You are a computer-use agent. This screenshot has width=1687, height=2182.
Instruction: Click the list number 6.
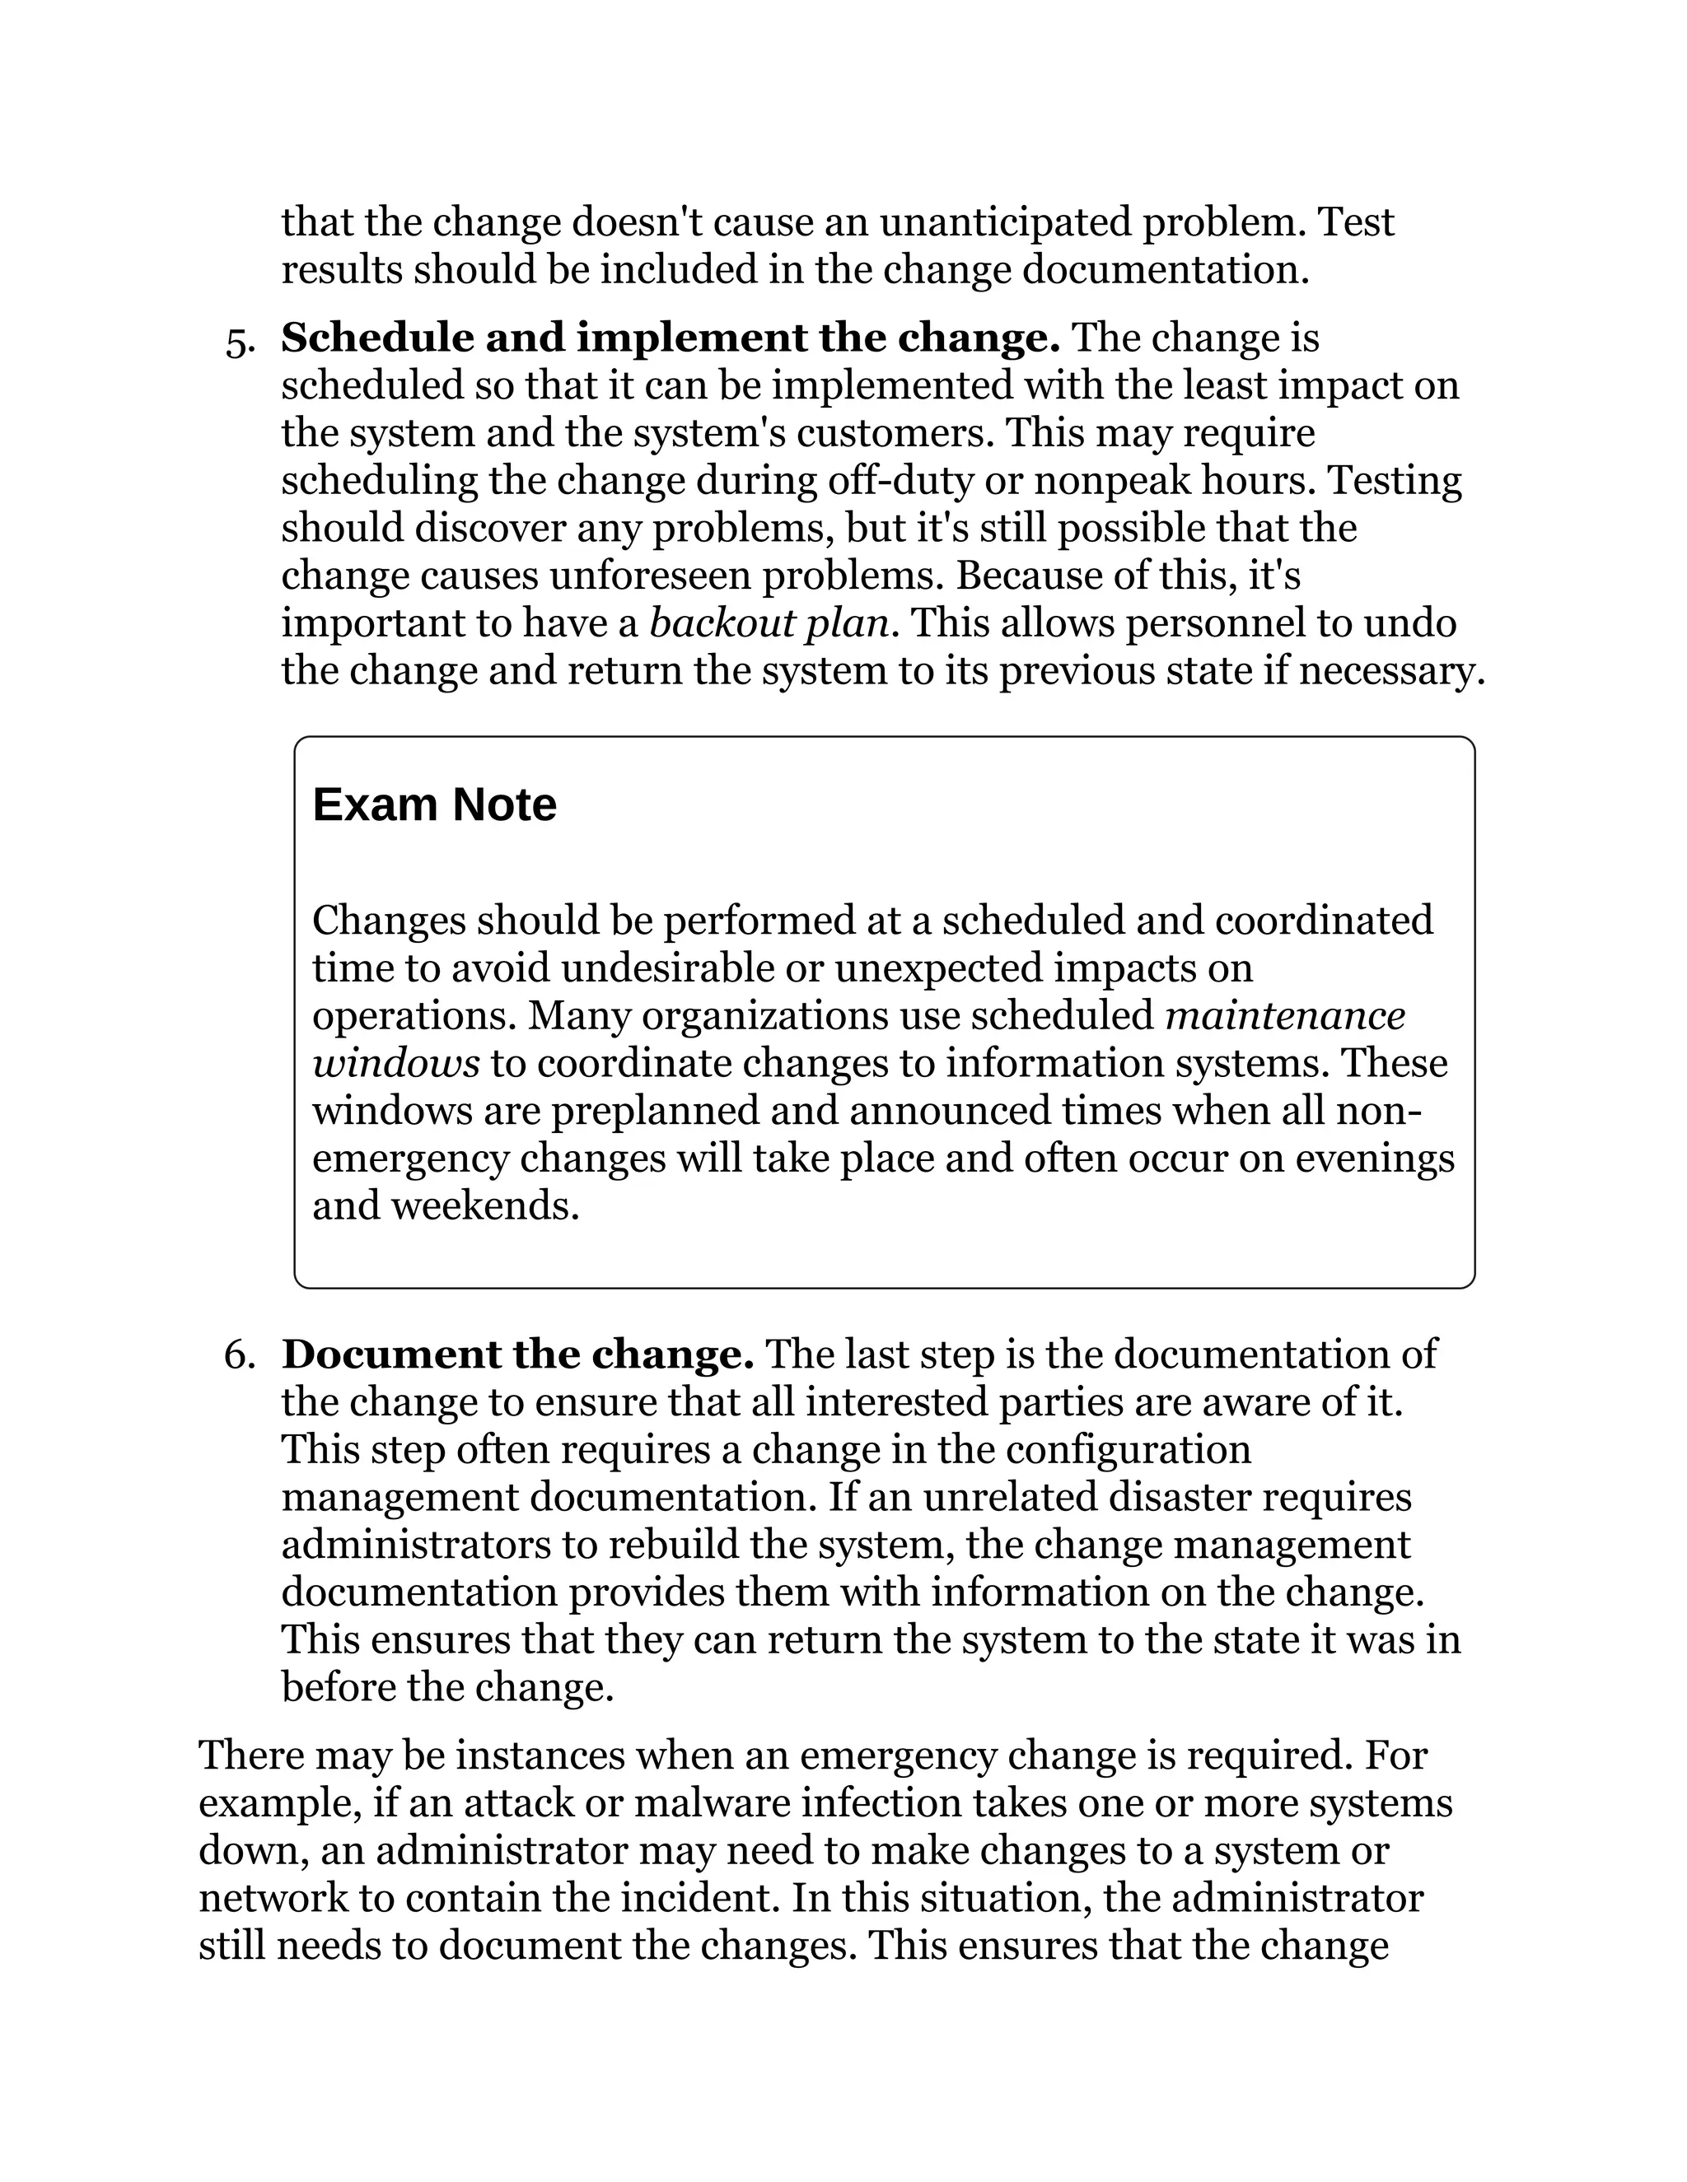239,1354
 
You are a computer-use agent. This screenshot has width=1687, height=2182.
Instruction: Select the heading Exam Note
434,804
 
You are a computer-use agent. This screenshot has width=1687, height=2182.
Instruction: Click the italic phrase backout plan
769,623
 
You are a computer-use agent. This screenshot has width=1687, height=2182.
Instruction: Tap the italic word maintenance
1285,1016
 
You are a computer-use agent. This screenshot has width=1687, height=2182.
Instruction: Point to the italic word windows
395,1063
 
